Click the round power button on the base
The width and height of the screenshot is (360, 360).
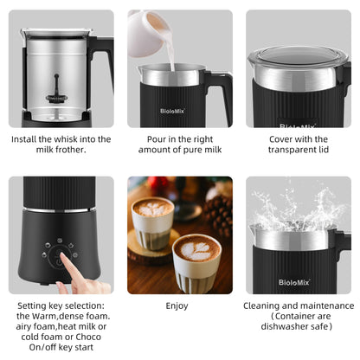pyautogui.click(x=59, y=255)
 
